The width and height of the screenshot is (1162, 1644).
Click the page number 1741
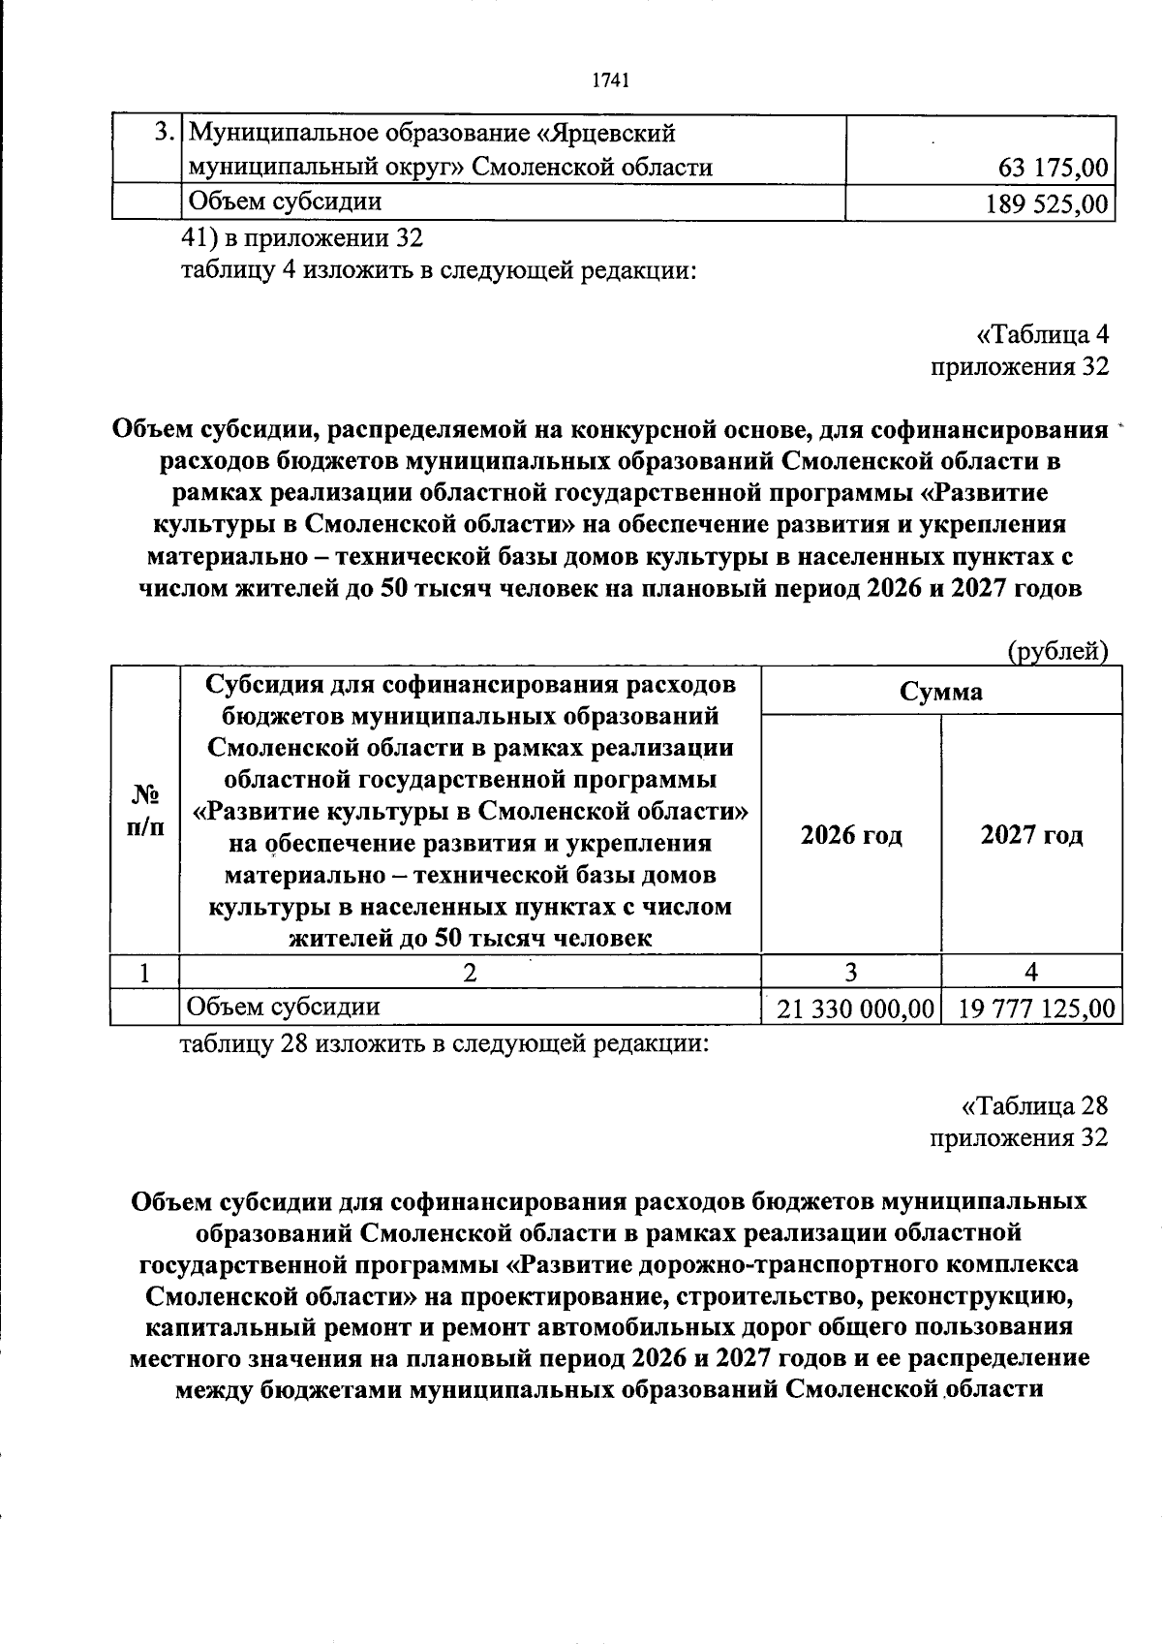coord(610,81)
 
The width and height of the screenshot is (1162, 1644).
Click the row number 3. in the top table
coord(166,133)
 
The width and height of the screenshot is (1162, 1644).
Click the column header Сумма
coord(940,692)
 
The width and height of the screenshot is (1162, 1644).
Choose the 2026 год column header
coord(850,835)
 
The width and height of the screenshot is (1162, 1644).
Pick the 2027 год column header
coord(1030,835)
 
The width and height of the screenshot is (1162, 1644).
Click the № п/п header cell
coord(145,810)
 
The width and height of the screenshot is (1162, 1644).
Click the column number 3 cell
coord(850,973)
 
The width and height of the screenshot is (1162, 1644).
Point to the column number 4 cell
coord(1030,973)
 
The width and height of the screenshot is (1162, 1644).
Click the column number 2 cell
coord(470,973)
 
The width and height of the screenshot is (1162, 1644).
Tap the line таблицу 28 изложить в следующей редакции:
coord(446,1044)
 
